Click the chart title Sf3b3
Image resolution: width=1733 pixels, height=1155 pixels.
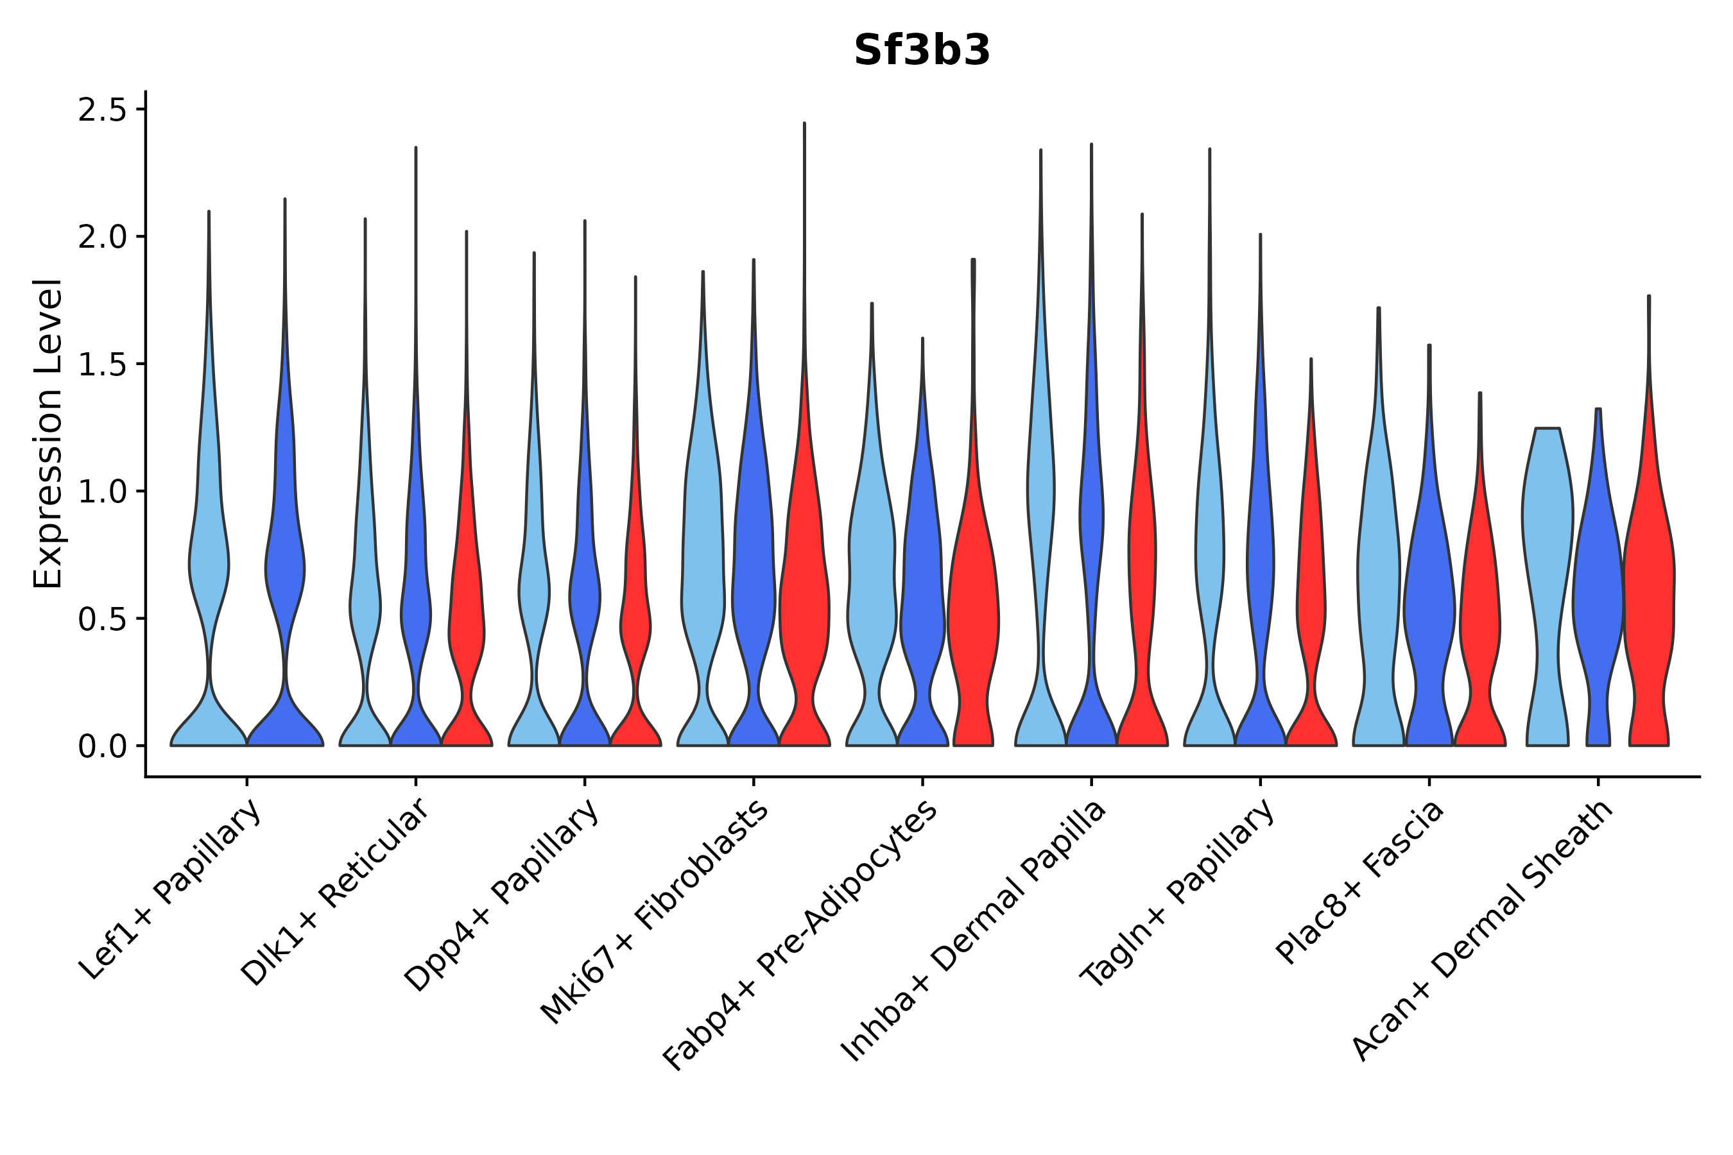coord(922,51)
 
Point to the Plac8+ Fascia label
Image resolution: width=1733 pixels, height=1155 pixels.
coord(1360,882)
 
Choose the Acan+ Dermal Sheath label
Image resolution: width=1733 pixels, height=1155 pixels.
coord(1483,930)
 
